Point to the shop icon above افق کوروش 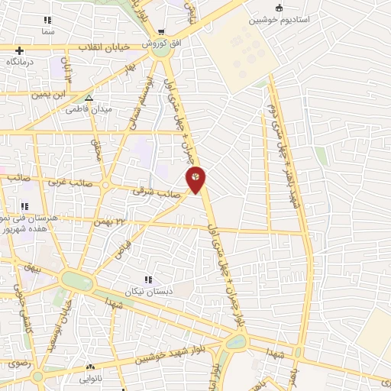(161, 32)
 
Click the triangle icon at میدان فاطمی (89, 98)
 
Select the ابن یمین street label (44, 95)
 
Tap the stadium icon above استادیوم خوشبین (279, 8)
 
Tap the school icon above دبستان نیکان (148, 280)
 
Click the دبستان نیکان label (150, 292)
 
